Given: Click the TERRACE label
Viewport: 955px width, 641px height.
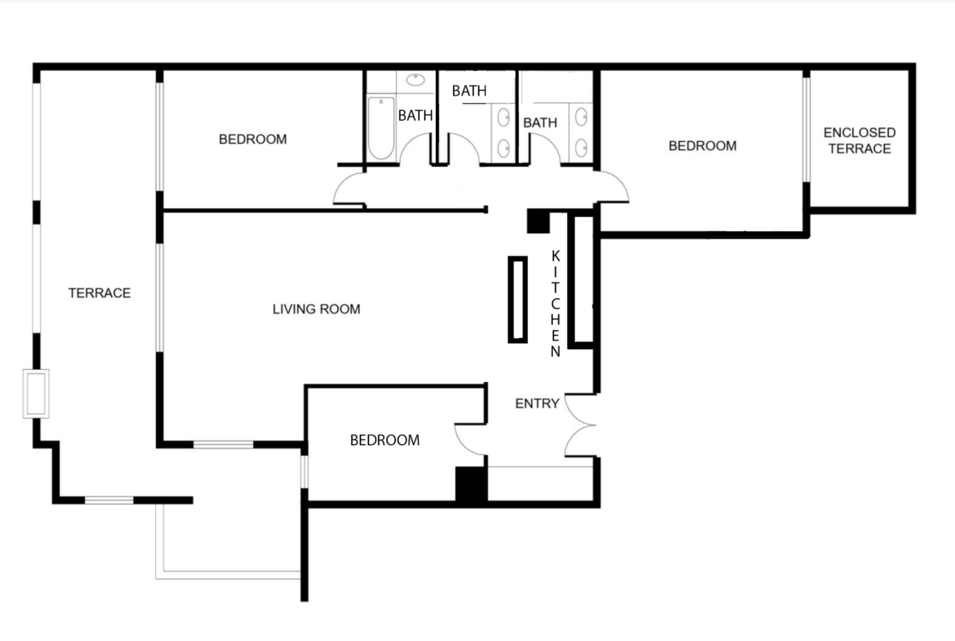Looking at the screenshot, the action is point(100,293).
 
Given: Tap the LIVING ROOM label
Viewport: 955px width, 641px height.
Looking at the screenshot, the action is point(316,309).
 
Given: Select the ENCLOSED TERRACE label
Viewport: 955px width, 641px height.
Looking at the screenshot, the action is point(859,140).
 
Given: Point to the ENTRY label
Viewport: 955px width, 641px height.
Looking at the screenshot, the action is point(536,403).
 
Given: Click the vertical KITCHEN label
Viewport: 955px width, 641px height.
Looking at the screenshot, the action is point(556,303).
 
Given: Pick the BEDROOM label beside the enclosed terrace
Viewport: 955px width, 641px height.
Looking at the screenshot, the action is point(702,145).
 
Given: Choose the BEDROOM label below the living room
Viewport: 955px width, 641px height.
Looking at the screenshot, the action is point(384,440).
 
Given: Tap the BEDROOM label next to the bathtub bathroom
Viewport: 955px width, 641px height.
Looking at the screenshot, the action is point(253,139).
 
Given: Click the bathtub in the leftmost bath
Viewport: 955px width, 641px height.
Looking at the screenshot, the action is point(380,128).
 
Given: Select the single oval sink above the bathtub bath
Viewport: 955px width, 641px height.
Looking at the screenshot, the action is point(415,80).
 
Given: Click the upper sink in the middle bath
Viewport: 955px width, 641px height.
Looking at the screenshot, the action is point(504,118).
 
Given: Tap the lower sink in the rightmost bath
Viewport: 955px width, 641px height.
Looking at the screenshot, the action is point(582,147).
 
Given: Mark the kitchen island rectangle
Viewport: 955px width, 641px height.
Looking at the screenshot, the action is point(517,299).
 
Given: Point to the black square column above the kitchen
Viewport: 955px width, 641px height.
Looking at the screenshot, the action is point(539,220).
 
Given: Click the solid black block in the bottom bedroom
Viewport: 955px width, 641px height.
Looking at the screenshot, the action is point(471,484).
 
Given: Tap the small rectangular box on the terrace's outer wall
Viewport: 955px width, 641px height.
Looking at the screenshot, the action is point(36,394).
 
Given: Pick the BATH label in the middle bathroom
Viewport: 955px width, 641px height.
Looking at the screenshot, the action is point(469,91).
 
